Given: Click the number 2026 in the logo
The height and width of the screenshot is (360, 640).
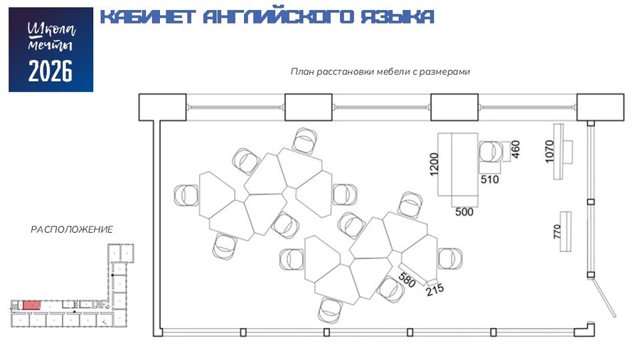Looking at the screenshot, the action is [50, 71].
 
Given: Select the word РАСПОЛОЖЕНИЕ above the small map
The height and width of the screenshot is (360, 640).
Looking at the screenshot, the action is [72, 229].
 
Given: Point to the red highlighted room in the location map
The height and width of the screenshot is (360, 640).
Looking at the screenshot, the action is [31, 305].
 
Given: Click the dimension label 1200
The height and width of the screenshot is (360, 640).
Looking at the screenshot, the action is [434, 164].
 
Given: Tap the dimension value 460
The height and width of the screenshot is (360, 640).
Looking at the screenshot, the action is [516, 149].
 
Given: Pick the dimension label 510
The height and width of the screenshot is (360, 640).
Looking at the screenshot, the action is [489, 179].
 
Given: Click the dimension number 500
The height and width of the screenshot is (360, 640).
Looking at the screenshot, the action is [464, 211].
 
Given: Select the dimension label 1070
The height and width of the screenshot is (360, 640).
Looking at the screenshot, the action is [550, 152].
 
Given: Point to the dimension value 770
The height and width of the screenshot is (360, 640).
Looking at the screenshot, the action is [557, 232].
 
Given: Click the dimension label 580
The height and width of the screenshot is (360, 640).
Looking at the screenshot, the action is [407, 280].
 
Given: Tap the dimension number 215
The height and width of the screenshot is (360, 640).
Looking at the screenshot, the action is [434, 290].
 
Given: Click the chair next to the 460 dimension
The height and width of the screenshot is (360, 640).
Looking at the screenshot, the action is [490, 152].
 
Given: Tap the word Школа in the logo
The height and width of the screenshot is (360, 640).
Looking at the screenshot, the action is [51, 30].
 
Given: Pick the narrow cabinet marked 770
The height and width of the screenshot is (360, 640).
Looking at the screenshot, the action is [566, 232].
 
